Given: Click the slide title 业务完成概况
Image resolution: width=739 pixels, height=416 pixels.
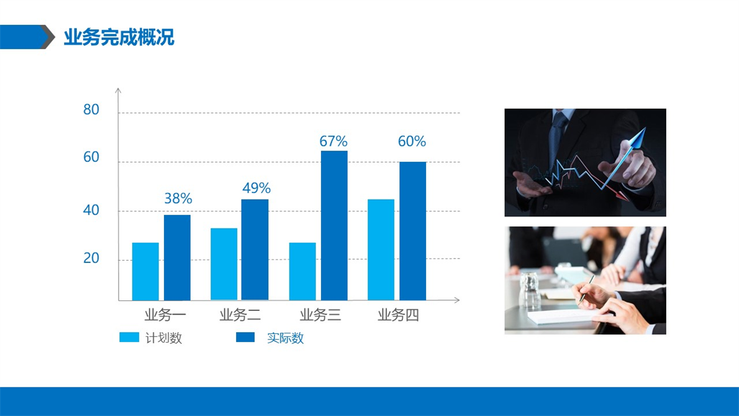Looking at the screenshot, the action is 119,37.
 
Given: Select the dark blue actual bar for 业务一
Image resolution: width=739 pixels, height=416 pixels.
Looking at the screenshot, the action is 177,257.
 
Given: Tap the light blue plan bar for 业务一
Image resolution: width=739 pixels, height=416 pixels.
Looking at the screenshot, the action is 145,272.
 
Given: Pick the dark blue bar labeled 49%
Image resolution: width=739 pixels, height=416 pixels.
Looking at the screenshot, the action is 255,249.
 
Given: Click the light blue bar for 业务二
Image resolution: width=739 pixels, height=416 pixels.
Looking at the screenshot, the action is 224,264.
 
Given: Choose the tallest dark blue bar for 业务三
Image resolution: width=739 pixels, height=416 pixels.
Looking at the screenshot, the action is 334,226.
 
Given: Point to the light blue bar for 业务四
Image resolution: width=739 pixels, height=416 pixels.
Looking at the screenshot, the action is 381,249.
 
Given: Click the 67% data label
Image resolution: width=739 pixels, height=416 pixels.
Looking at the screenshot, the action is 333,141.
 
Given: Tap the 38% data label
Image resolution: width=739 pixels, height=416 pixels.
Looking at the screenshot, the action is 178,198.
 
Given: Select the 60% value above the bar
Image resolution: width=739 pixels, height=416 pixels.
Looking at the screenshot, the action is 412,141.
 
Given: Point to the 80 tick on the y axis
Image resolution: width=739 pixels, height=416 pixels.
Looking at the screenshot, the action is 91,109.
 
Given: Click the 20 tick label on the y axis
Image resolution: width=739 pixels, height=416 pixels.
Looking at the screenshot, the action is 91,258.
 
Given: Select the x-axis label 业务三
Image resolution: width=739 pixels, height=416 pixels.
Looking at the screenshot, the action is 320,315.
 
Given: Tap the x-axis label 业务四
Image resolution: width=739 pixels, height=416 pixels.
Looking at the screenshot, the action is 398,315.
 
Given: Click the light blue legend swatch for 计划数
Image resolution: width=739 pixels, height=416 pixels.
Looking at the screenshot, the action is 129,337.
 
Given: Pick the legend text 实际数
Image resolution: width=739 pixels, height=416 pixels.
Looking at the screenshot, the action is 285,338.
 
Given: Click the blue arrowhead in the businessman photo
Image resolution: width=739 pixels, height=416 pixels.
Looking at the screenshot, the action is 638,138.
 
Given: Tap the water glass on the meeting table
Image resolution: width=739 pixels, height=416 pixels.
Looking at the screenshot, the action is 530,290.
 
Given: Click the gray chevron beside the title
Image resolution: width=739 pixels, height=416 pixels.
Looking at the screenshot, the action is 48,37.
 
